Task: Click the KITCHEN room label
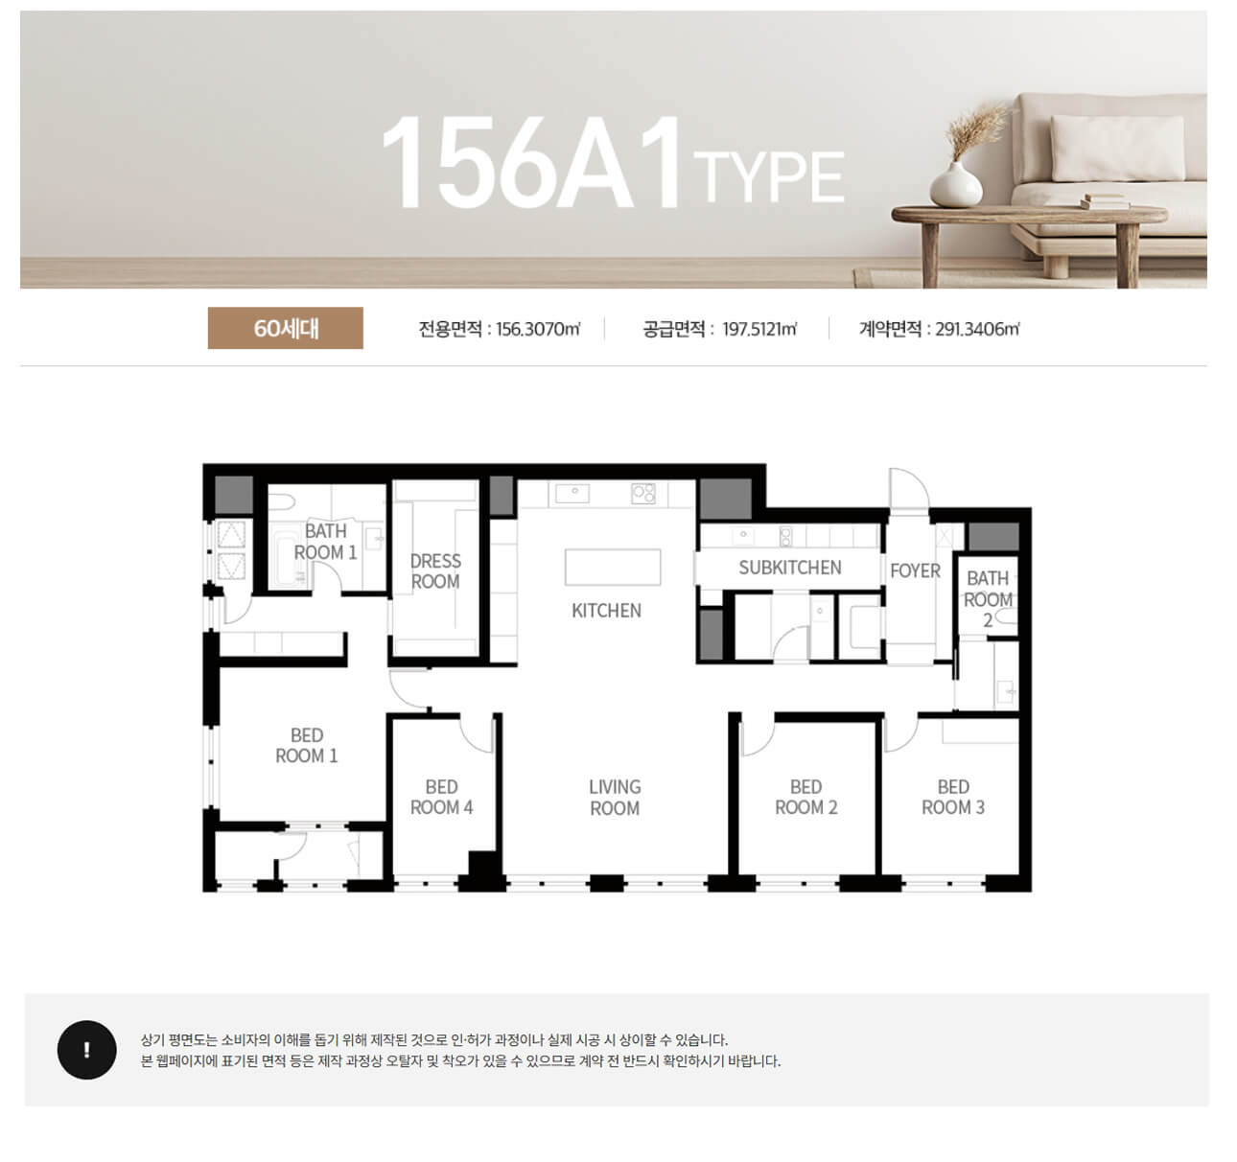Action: click(x=606, y=611)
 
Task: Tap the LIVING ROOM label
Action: click(x=615, y=798)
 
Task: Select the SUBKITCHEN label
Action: click(x=790, y=568)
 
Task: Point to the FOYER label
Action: click(x=915, y=570)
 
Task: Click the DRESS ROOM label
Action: click(x=435, y=571)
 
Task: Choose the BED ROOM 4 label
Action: click(x=441, y=797)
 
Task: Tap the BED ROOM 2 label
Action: click(x=806, y=797)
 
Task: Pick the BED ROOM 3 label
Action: click(x=953, y=797)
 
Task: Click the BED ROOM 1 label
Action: click(x=307, y=745)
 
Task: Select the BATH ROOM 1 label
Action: click(x=325, y=542)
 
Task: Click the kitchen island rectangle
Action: click(x=613, y=567)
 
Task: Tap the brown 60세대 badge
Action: click(x=285, y=328)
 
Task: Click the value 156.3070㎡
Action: click(x=539, y=328)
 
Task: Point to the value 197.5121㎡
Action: click(x=759, y=328)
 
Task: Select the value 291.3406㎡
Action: click(x=977, y=328)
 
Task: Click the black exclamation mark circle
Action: click(x=86, y=1050)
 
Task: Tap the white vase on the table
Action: click(x=956, y=184)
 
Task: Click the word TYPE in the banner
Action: click(x=769, y=176)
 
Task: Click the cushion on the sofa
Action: click(x=1117, y=149)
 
